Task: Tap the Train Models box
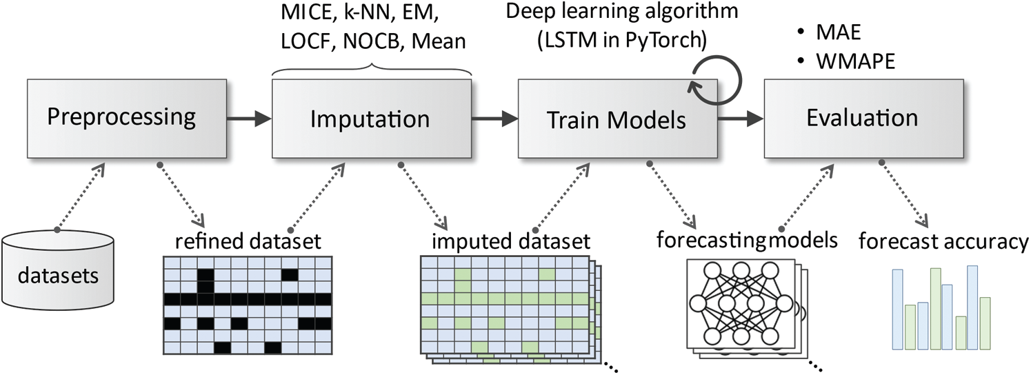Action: (x=616, y=121)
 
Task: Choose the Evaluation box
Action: (x=862, y=118)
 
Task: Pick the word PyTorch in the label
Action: (x=668, y=39)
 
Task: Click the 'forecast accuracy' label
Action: (x=943, y=242)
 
